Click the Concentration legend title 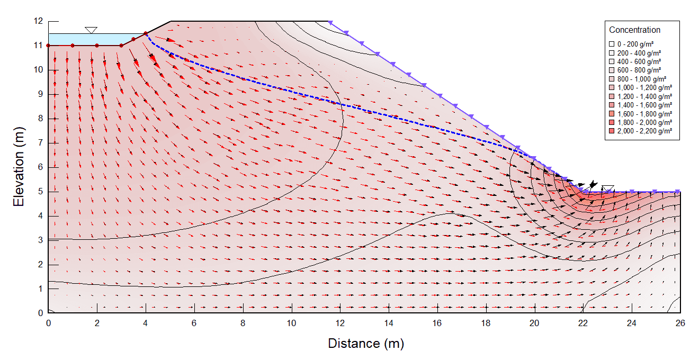point(634,30)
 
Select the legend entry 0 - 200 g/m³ point(632,44)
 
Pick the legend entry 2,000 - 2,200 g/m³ point(640,131)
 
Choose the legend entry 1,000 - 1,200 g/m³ point(640,88)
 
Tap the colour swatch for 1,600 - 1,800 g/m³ point(612,114)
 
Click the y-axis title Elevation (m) point(19,167)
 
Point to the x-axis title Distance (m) point(366,344)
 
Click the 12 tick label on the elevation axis point(38,21)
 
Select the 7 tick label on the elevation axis point(40,143)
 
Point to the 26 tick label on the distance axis point(680,323)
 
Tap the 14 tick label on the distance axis point(389,323)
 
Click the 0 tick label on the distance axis point(48,323)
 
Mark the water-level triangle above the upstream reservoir point(91,30)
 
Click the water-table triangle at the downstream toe point(607,188)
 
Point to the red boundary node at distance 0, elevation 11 point(48,46)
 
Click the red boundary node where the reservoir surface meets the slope point(146,33)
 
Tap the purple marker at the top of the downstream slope point(330,22)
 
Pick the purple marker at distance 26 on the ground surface point(677,191)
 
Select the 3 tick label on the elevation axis point(40,240)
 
